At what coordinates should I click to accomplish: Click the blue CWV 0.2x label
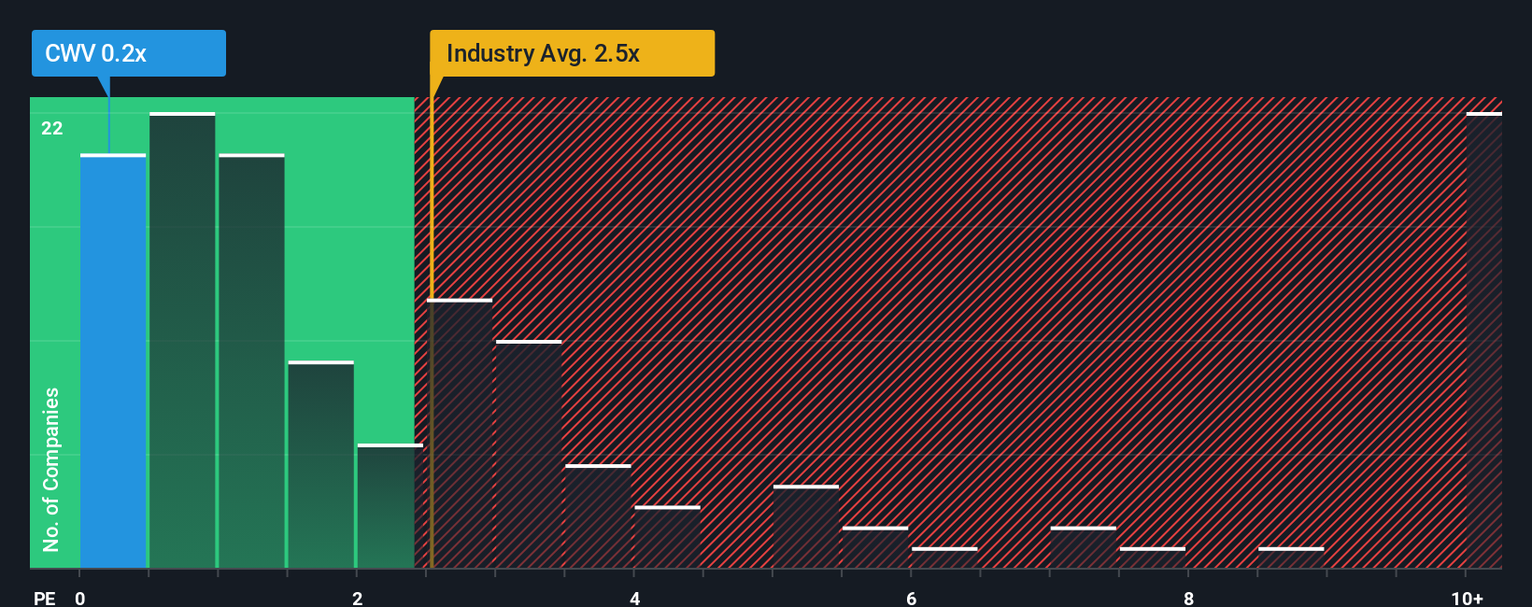[128, 53]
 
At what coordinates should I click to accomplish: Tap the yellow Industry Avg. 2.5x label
[572, 53]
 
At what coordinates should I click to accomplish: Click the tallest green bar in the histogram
[182, 341]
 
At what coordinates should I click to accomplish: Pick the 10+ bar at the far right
[1483, 341]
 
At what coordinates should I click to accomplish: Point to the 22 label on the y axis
[52, 129]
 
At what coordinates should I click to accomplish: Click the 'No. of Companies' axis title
[51, 469]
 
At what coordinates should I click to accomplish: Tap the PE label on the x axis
[44, 599]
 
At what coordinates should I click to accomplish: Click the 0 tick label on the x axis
[80, 599]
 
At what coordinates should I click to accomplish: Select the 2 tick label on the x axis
[357, 599]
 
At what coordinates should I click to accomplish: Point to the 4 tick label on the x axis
[634, 599]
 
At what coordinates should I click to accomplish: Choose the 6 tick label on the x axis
[911, 599]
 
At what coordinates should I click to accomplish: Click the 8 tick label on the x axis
[1188, 599]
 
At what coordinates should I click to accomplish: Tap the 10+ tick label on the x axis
[1467, 599]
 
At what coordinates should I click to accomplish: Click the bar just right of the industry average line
[460, 434]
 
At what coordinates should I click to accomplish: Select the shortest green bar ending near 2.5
[390, 506]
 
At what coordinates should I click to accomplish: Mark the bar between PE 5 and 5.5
[806, 527]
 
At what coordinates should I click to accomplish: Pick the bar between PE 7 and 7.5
[1083, 547]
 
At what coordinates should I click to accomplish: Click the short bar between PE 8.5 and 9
[1291, 558]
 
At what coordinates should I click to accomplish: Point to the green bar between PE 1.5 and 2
[320, 465]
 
